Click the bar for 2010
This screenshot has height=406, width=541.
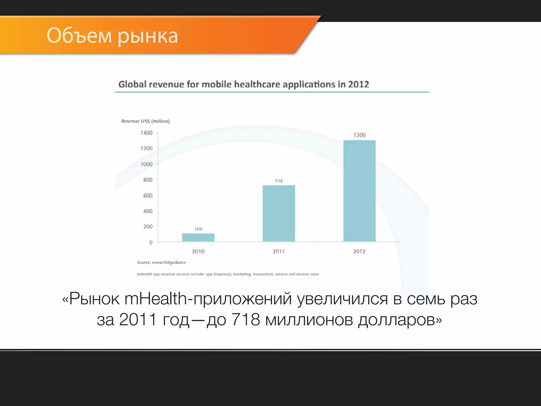point(198,237)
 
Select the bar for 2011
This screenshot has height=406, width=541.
point(279,213)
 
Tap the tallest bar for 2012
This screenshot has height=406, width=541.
point(359,191)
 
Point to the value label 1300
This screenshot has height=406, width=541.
point(360,135)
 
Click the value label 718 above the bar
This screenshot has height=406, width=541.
point(279,181)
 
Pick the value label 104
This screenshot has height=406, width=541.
point(198,229)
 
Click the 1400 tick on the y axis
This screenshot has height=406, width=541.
point(146,133)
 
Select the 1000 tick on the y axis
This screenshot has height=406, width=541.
point(146,164)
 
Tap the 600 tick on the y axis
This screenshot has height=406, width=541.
point(148,196)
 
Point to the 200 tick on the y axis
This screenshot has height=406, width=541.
point(148,227)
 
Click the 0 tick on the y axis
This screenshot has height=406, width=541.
point(151,242)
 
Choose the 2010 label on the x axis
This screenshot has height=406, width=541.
point(198,251)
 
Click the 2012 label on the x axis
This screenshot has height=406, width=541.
point(359,251)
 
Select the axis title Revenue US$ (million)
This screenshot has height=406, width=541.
point(146,121)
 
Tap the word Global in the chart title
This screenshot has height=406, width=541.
point(132,84)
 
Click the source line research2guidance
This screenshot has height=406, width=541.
point(161,262)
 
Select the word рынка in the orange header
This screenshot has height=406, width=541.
point(148,36)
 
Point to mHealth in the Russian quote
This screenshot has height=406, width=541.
point(156,299)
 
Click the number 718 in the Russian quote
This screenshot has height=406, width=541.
point(246,320)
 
